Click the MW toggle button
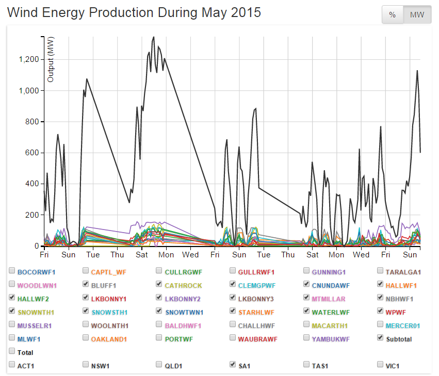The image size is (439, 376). click(417, 15)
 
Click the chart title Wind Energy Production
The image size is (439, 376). click(134, 13)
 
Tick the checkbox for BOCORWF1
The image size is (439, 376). click(12, 271)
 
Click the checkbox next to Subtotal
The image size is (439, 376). click(381, 338)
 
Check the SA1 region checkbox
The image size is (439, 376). click(233, 365)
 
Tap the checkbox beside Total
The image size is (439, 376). click(12, 352)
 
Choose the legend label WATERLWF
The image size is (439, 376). click(330, 312)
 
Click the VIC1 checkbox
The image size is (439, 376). click(381, 365)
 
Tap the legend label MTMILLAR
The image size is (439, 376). click(328, 298)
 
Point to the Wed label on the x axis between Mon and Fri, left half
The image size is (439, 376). click(190, 255)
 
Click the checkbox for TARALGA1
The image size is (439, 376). click(381, 271)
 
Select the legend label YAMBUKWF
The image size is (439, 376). click(331, 339)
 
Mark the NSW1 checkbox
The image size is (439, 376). click(86, 365)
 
